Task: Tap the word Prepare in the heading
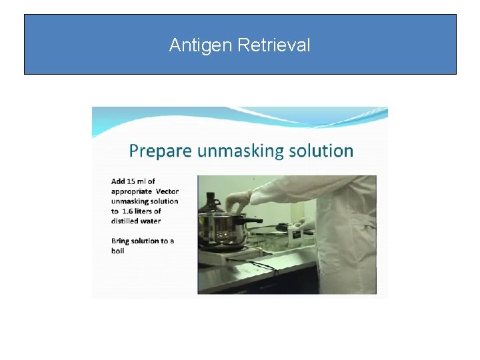point(157,151)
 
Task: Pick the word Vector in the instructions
point(167,191)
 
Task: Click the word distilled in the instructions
point(125,221)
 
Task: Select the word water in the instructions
point(151,221)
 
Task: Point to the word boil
point(118,251)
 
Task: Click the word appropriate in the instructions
point(132,191)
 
